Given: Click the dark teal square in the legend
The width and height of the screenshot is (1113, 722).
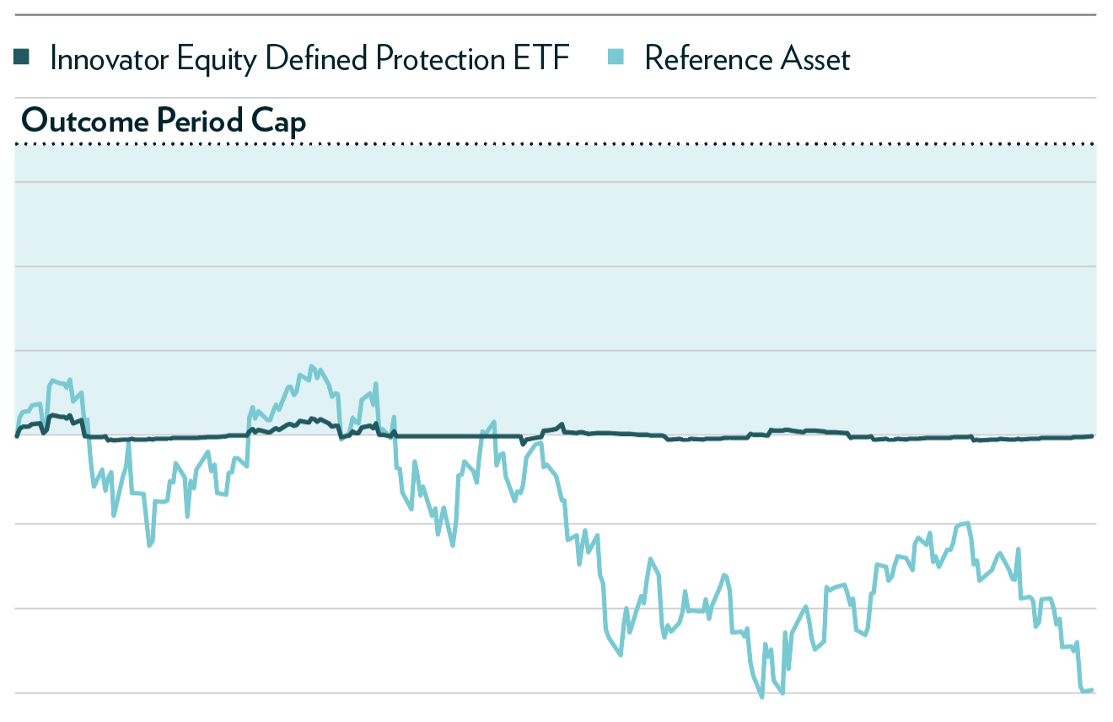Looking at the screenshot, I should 22,58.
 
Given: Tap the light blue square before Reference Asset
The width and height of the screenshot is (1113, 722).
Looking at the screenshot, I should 616,58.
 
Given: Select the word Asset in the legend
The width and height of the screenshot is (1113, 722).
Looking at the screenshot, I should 815,59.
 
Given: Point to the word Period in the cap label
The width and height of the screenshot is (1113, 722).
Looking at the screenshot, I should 196,121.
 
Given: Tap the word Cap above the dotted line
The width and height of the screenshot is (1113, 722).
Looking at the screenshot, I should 279,121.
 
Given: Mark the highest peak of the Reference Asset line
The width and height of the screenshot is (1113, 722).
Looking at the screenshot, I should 311,366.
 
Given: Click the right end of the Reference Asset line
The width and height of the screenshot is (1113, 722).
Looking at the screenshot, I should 1092,690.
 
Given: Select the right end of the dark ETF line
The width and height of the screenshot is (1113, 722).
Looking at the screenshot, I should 1092,436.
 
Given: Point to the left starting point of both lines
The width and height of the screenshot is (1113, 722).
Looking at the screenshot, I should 17,436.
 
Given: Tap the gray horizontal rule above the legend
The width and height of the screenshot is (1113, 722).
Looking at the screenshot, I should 556,14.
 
